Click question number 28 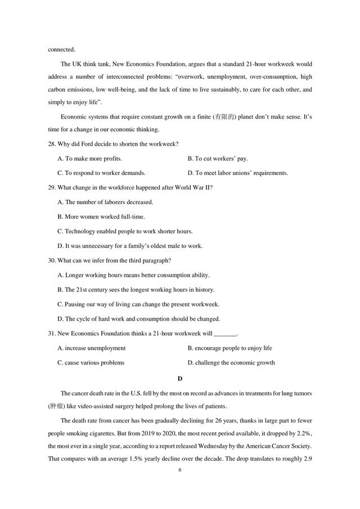[x=52, y=143]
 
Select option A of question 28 [x=90, y=159]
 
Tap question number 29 [x=52, y=187]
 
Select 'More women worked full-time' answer [x=101, y=217]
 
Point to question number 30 [x=52, y=260]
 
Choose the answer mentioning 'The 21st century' [x=136, y=290]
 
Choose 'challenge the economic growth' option [x=231, y=363]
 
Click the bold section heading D [x=179, y=378]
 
